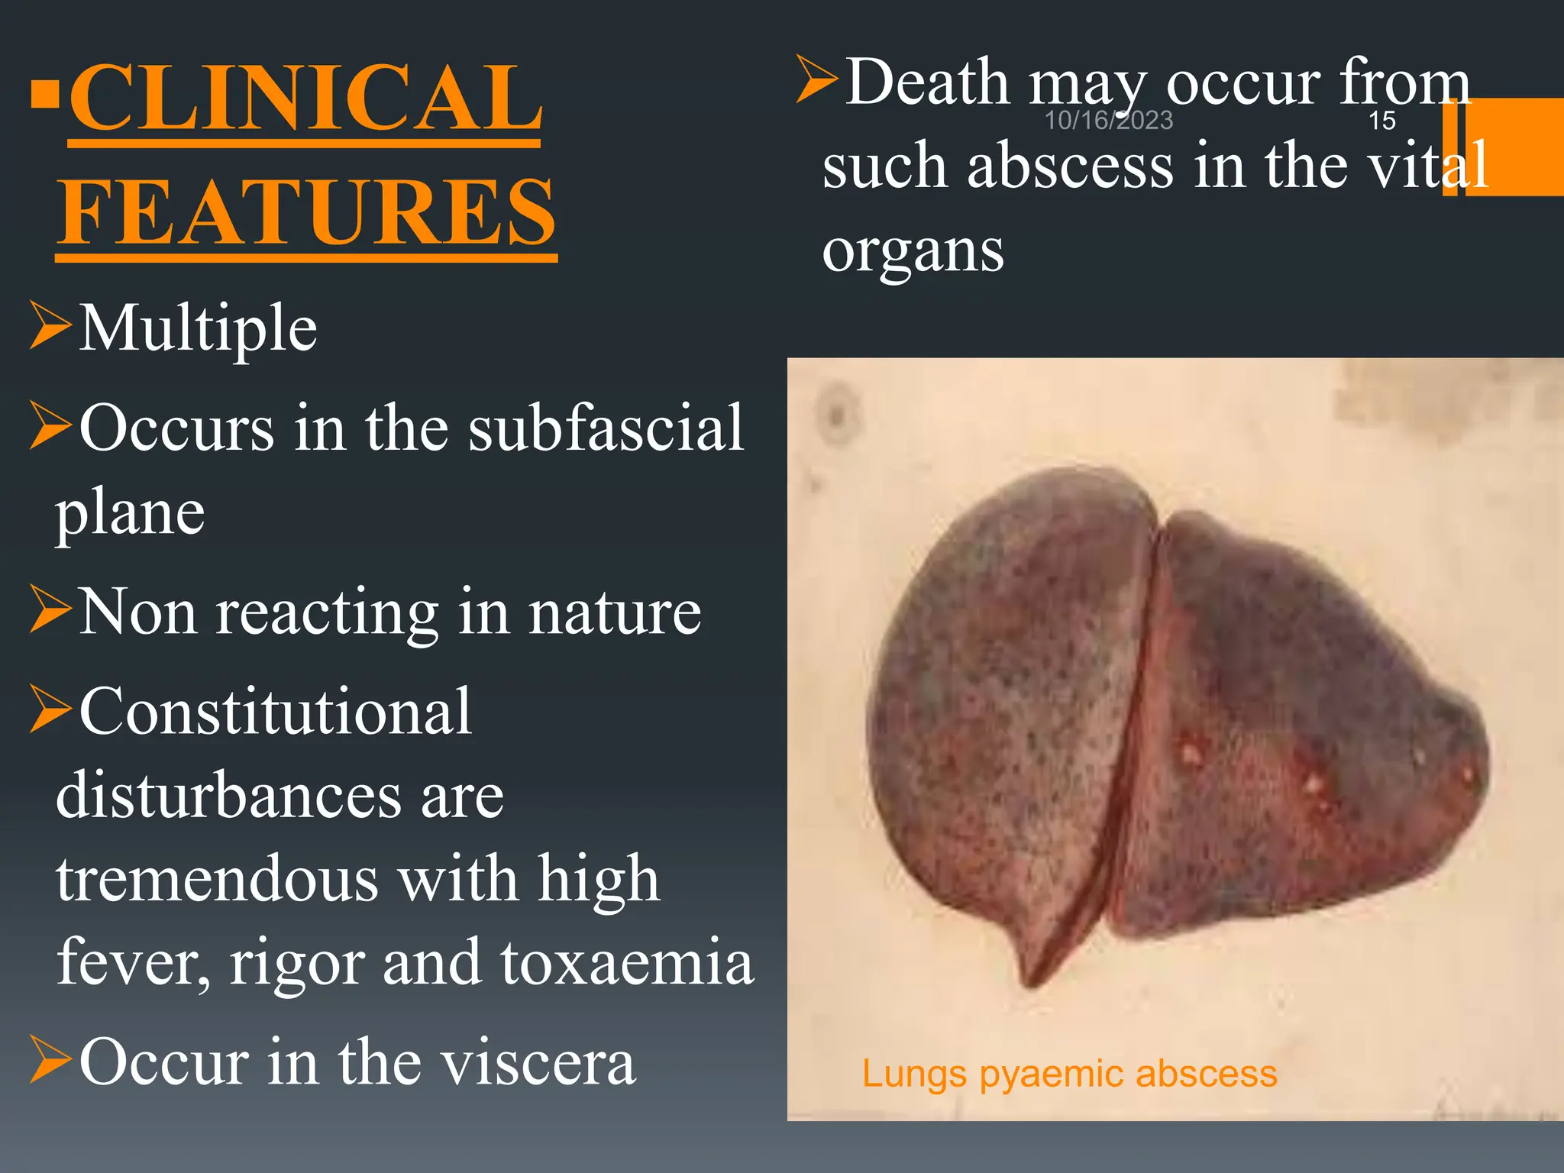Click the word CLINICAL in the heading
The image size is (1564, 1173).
(305, 99)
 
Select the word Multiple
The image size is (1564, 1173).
(198, 328)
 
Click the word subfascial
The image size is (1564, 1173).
(606, 428)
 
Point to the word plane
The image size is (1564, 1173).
(130, 512)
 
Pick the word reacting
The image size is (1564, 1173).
(327, 612)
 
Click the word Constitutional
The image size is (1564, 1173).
(275, 712)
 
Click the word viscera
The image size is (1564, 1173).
(538, 1062)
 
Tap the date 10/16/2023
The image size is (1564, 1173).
(1108, 121)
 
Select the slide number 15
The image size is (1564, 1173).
(1381, 121)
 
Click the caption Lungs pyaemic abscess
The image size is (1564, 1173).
(1069, 1074)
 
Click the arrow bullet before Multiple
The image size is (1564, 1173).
(50, 326)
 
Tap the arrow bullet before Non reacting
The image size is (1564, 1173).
(50, 609)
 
